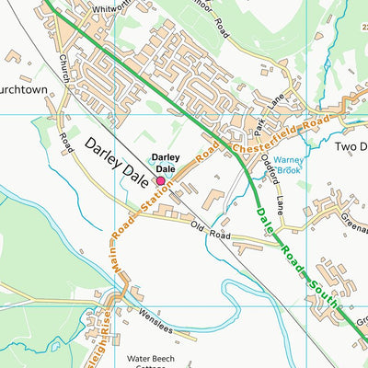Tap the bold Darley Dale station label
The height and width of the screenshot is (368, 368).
tap(165, 163)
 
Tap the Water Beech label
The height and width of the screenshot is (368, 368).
tap(162, 357)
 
